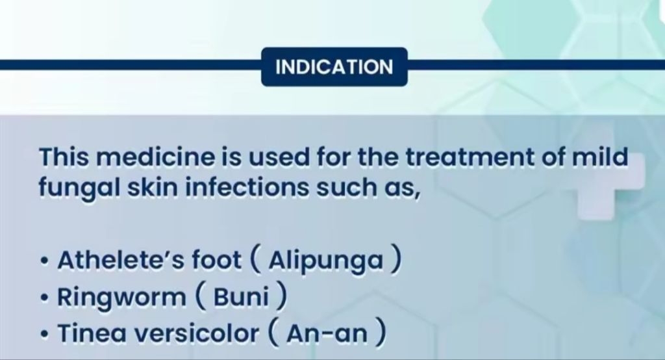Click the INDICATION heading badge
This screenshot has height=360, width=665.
[x=334, y=67]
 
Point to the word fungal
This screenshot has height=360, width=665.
[x=80, y=188]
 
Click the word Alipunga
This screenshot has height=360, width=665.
[x=326, y=260]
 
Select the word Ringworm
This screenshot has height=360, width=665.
[x=121, y=297]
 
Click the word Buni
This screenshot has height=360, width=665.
[x=241, y=296]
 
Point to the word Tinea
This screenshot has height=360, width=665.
[x=92, y=333]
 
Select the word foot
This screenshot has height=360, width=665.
[x=216, y=260]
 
